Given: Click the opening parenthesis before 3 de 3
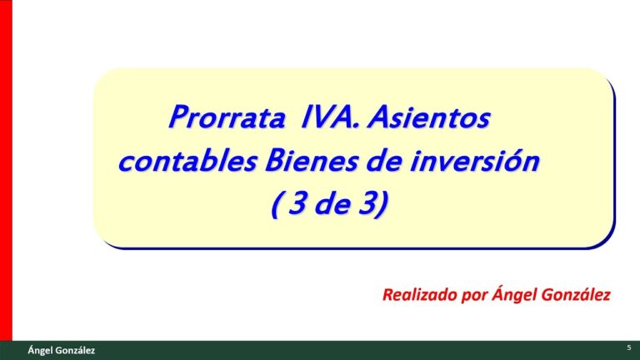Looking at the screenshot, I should tap(277, 205).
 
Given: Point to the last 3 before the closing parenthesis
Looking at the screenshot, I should tap(364, 204).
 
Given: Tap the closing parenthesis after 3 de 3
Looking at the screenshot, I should tap(380, 205).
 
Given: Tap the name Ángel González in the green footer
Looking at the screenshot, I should tap(61, 351).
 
